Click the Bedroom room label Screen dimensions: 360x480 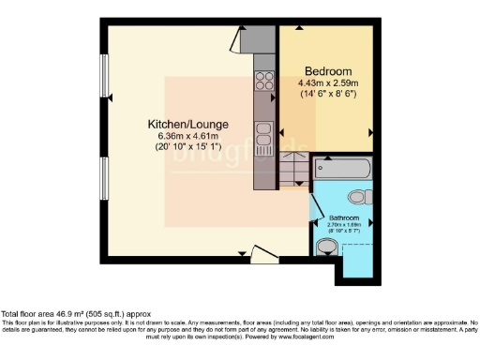pyautogui.click(x=328, y=71)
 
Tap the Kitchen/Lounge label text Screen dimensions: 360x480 pyautogui.click(x=187, y=124)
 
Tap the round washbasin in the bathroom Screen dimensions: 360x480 pyautogui.click(x=325, y=247)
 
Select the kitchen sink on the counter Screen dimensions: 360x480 pyautogui.click(x=263, y=130)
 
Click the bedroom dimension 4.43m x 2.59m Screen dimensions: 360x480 pyautogui.click(x=328, y=83)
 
